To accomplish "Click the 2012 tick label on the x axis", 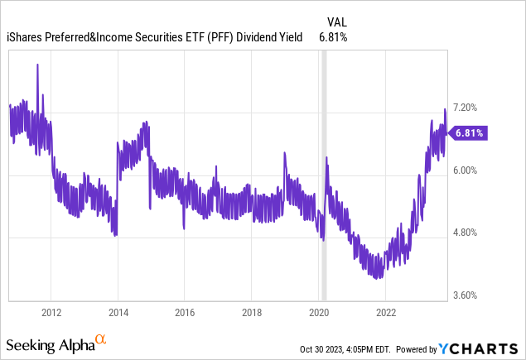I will [51, 312].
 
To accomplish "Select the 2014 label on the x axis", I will [118, 312].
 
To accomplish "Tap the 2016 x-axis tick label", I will [185, 312].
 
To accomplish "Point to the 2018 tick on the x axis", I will [252, 312].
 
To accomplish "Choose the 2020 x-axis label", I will [319, 312].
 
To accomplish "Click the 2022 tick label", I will [385, 312].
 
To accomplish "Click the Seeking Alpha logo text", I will [50, 343].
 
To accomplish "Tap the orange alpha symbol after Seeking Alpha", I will [101, 339].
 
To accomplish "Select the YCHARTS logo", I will [484, 345].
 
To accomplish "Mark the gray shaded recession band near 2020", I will [324, 174].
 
